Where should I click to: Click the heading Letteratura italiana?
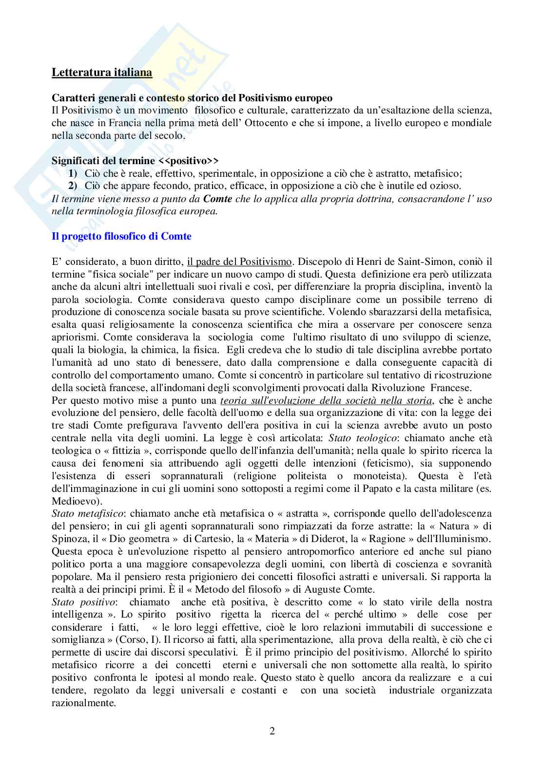tap(102, 73)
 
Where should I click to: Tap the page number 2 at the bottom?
tap(272, 731)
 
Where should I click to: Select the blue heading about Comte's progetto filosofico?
tap(121, 236)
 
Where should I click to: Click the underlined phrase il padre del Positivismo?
tap(239, 262)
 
